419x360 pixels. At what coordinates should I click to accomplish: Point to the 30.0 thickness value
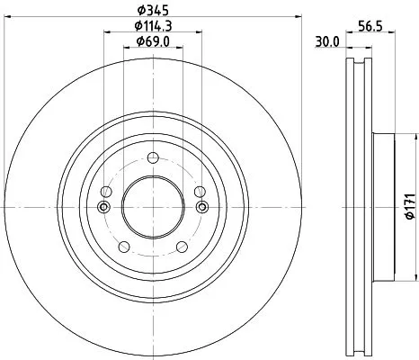tap(327, 42)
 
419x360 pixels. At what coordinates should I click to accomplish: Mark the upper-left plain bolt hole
tap(106, 192)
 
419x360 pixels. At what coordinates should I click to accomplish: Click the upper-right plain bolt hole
tap(194, 192)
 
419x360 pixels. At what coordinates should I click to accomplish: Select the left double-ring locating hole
tap(103, 207)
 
